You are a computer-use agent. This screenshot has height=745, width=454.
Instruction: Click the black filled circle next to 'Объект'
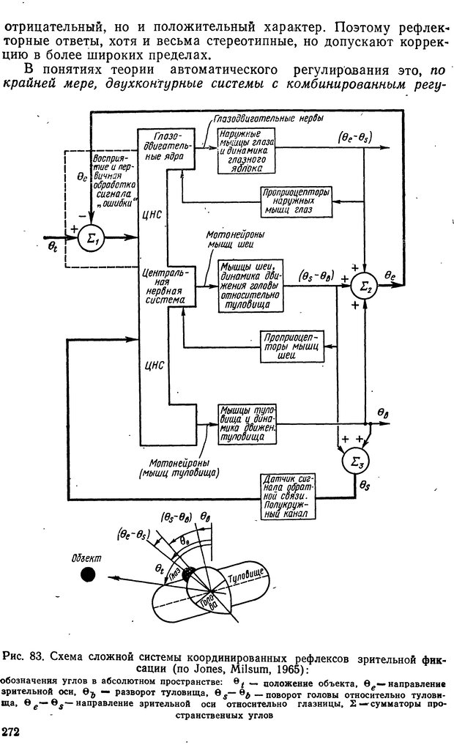pos(89,574)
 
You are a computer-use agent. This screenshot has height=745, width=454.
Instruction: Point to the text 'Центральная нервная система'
pos(168,284)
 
